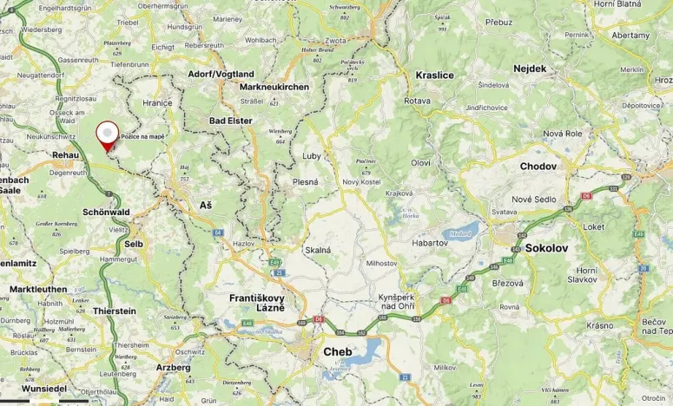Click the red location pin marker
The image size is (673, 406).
pyautogui.click(x=107, y=134)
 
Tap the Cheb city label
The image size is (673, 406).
pyautogui.click(x=340, y=351)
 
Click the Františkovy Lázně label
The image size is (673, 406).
pyautogui.click(x=256, y=303)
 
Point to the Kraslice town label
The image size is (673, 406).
pyautogui.click(x=434, y=75)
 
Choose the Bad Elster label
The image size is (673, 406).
pyautogui.click(x=231, y=120)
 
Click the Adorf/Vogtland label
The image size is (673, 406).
pyautogui.click(x=221, y=74)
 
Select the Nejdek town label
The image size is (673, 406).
pyautogui.click(x=530, y=68)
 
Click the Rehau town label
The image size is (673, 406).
pyautogui.click(x=65, y=154)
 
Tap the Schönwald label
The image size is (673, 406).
pyautogui.click(x=106, y=212)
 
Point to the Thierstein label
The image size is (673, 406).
pyautogui.click(x=115, y=311)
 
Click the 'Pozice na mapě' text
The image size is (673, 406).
pyautogui.click(x=142, y=136)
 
